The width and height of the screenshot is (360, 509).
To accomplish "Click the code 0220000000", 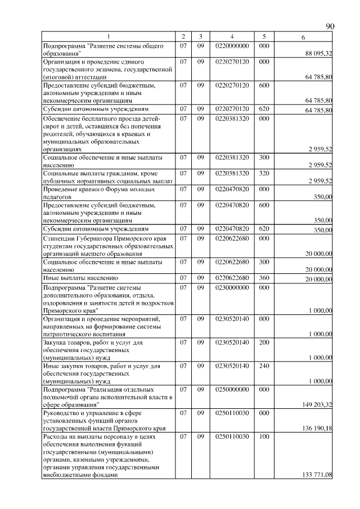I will (231, 45).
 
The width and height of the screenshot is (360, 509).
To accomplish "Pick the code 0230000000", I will (231, 287).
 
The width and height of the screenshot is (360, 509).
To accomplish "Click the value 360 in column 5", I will (264, 278).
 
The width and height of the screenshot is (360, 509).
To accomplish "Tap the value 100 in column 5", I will (264, 436).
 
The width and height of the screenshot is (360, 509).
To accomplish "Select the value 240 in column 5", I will (264, 366).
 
